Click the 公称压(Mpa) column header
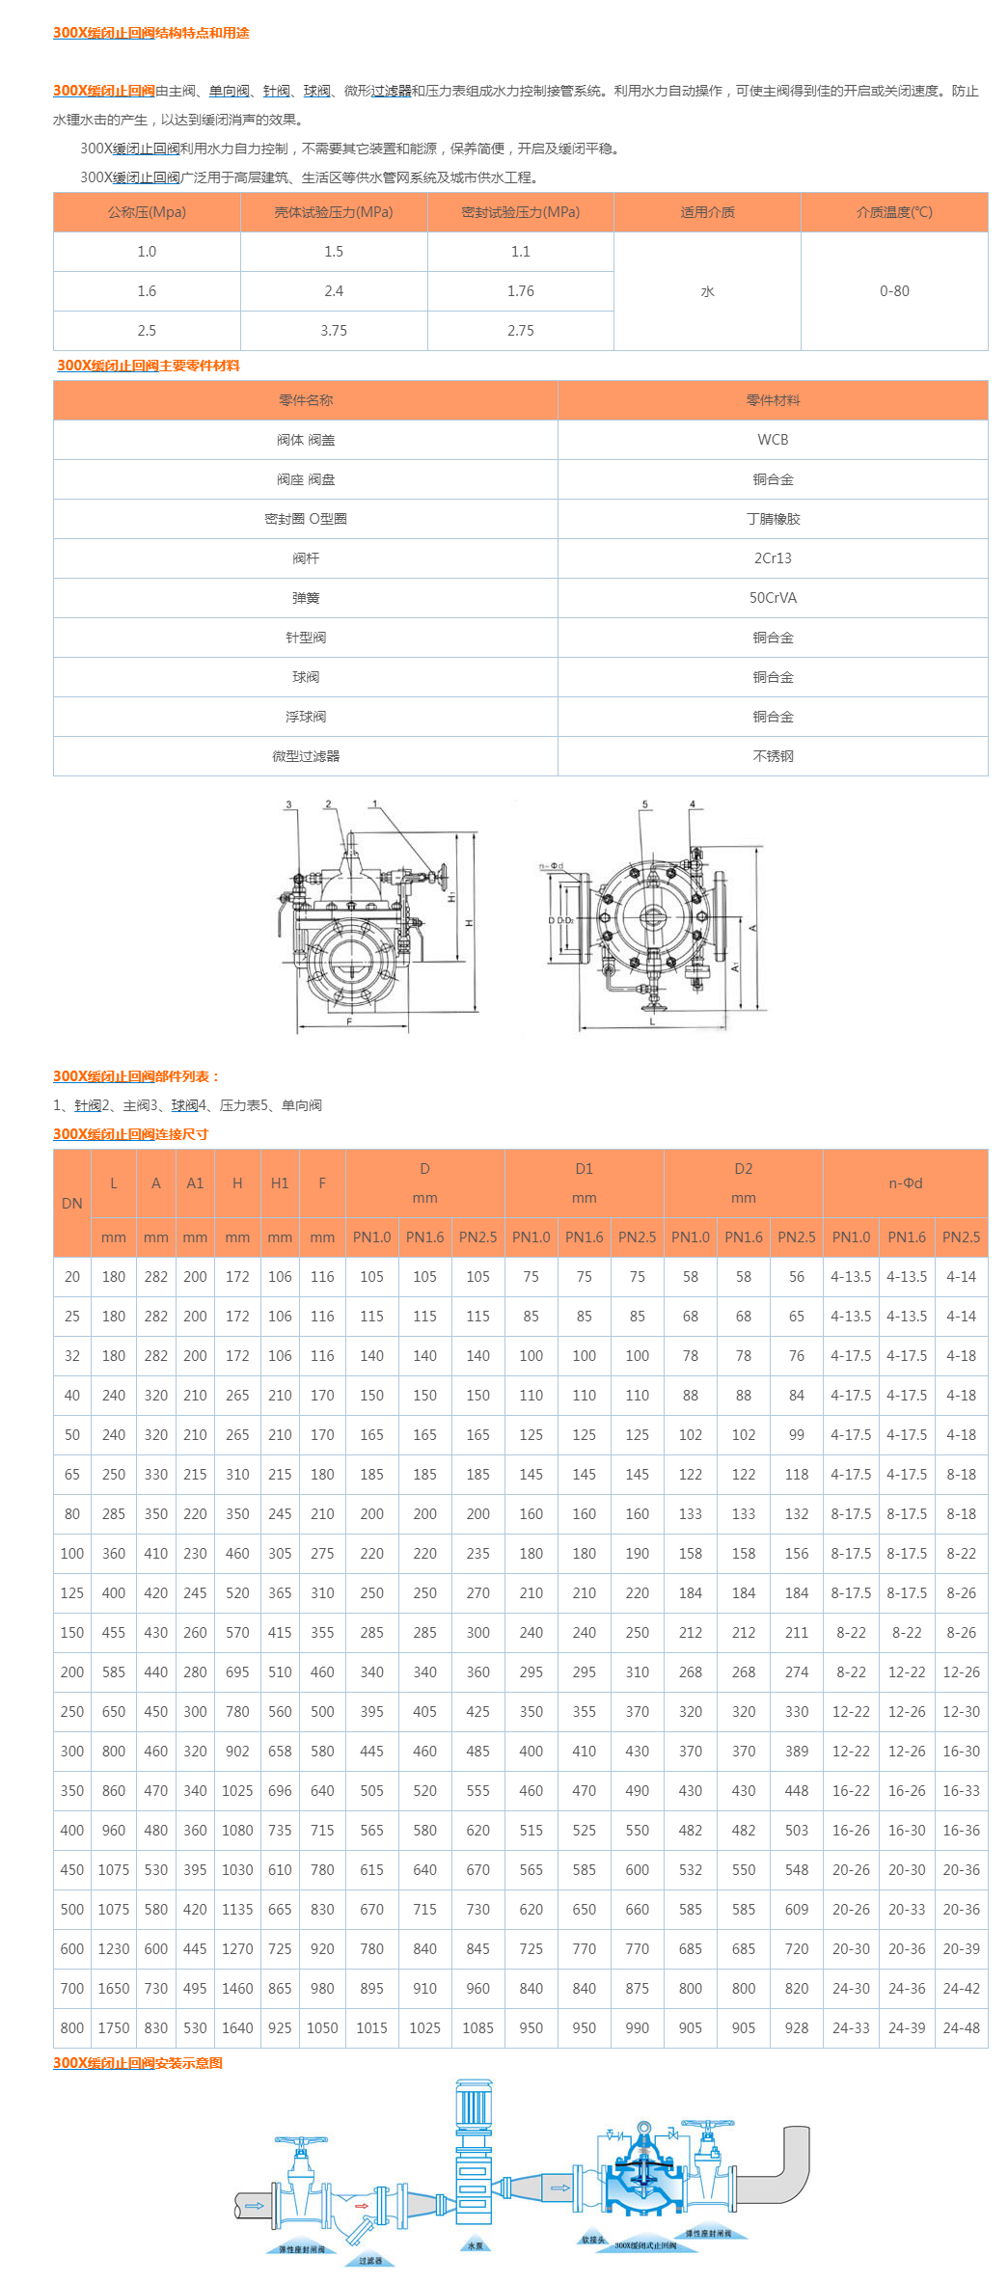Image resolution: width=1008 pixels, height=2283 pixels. coord(147,212)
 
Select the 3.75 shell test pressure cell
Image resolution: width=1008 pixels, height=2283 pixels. coord(334,331)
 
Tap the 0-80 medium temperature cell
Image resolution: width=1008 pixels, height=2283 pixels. coord(894,291)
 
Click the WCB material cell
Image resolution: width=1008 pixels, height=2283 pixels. coord(773,440)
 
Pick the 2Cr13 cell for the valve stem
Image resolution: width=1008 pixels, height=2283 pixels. coord(773,558)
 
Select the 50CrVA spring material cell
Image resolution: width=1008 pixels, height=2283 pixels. coord(773,598)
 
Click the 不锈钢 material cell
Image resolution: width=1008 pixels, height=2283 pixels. coord(773,756)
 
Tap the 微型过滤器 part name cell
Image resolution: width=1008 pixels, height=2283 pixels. coord(306,756)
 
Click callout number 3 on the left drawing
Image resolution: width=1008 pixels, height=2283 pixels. coord(288,804)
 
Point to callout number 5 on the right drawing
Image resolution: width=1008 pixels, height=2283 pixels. coord(645,804)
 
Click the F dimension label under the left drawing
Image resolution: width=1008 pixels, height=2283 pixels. coord(349,1021)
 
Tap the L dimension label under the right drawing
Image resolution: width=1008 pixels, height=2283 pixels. coord(652,1021)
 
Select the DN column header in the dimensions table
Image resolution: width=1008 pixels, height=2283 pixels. coord(72,1204)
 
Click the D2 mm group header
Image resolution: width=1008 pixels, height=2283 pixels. coord(743,1183)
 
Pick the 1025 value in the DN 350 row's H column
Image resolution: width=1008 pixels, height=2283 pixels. coord(237,1791)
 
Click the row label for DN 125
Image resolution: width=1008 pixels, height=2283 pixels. coord(72,1593)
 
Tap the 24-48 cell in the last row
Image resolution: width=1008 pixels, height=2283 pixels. coord(961,2028)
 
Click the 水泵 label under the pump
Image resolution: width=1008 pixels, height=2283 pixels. coord(475,2245)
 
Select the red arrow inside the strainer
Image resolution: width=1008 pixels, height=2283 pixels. coord(362,2206)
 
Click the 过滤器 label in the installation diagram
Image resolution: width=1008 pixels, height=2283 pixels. coord(370,2260)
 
